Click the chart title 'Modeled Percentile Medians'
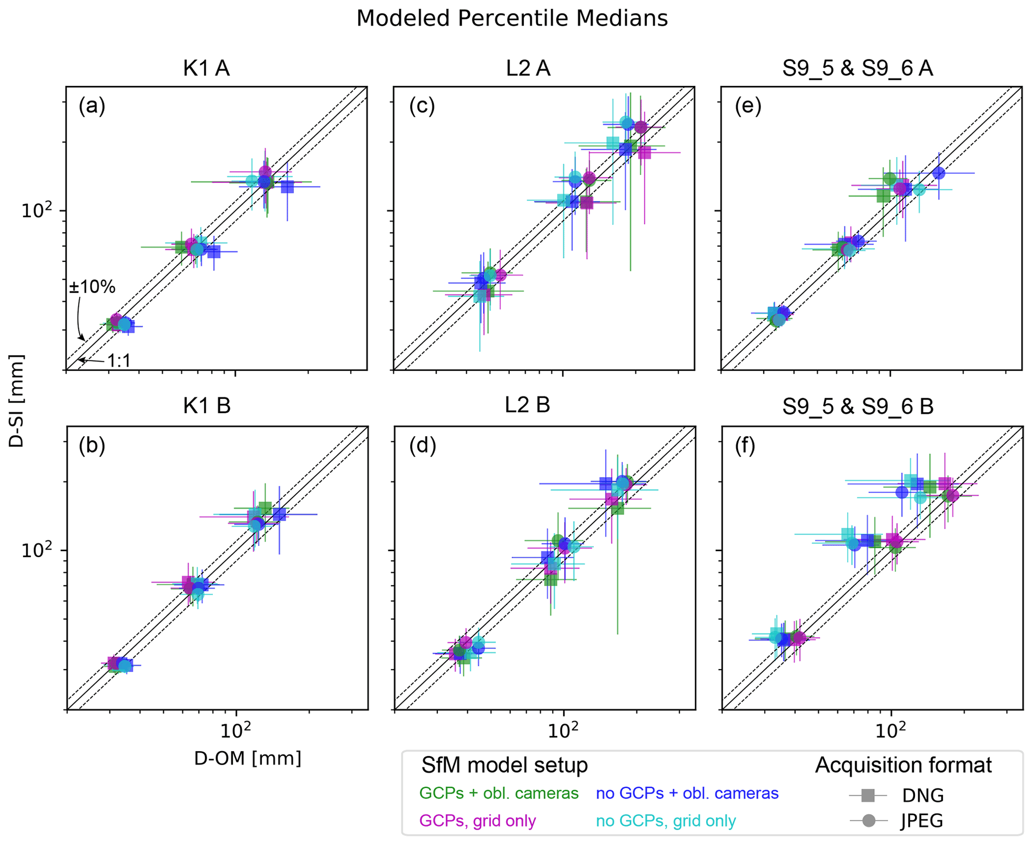tap(512, 19)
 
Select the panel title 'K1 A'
tap(206, 68)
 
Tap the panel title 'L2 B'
tap(527, 405)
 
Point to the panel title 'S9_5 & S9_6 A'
tap(858, 68)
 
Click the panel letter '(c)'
tap(422, 106)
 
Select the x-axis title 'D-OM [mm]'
tap(248, 758)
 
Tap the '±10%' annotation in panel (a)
tap(92, 287)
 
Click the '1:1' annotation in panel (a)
tap(119, 360)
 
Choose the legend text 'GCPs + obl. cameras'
tap(499, 793)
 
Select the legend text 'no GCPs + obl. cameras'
tap(687, 793)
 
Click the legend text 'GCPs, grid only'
tap(477, 821)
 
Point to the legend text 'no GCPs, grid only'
tap(666, 821)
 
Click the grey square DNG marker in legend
tap(869, 795)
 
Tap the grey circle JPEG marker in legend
tap(869, 821)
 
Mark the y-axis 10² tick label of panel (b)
tap(36, 550)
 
